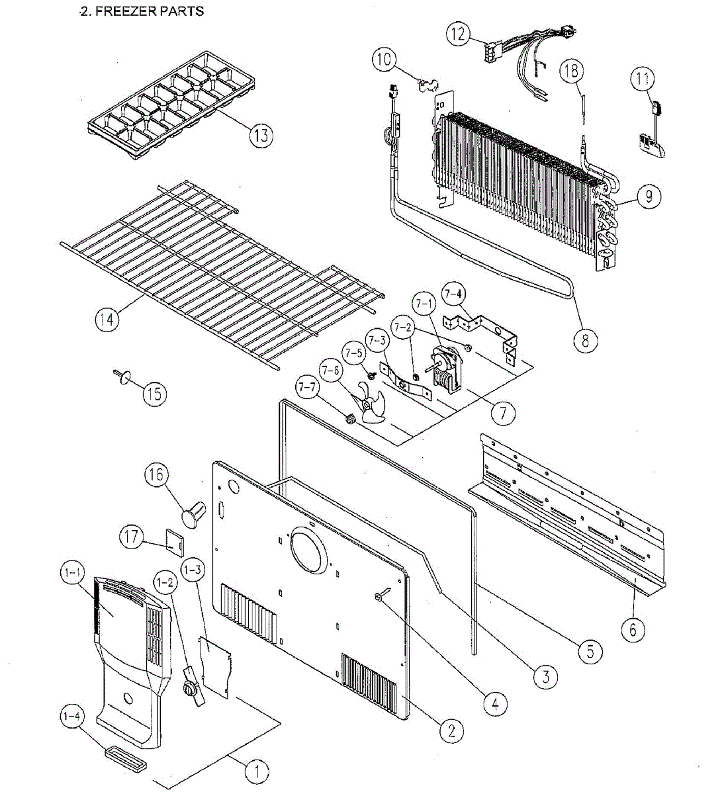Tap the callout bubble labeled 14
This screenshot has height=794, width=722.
tap(107, 320)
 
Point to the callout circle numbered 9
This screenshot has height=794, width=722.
tap(649, 195)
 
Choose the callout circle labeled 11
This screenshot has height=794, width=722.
tap(641, 79)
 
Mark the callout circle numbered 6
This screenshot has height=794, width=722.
tap(633, 629)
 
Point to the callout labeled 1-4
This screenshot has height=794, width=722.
tap(72, 717)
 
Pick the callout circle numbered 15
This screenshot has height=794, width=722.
tap(154, 394)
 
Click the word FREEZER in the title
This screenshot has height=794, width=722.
tap(123, 11)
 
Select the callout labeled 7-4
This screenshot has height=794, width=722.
tap(453, 294)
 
